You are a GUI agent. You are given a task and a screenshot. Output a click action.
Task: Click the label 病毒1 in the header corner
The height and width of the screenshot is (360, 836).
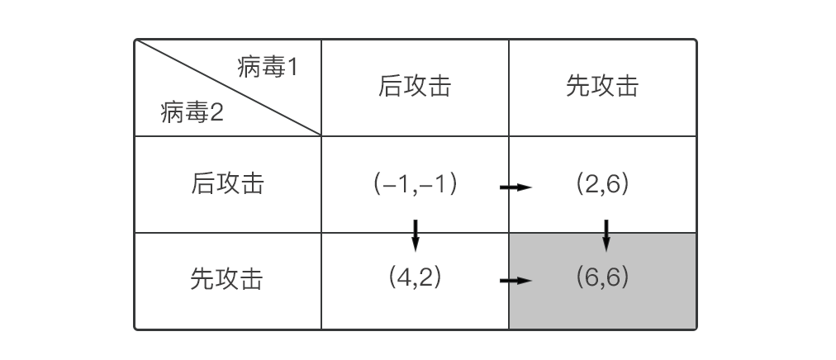click(x=267, y=68)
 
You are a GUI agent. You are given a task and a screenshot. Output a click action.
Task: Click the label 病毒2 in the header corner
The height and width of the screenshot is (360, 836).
click(x=192, y=112)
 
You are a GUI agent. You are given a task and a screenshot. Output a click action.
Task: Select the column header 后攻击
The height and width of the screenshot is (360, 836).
click(x=415, y=87)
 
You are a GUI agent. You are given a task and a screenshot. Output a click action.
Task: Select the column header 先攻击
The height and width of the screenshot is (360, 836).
click(x=602, y=87)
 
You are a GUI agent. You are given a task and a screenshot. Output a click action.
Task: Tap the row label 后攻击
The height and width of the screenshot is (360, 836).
click(x=227, y=183)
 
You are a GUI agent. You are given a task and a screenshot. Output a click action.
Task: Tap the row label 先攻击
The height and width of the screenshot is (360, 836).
click(x=227, y=279)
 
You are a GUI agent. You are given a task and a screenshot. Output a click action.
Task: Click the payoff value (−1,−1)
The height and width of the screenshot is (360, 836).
click(x=415, y=183)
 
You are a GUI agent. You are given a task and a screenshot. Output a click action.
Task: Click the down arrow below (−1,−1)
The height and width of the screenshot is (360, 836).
click(x=416, y=234)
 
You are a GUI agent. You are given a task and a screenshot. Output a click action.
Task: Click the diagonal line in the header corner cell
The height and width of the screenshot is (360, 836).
click(x=228, y=87)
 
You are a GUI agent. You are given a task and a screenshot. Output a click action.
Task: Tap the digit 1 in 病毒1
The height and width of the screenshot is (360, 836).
click(x=291, y=68)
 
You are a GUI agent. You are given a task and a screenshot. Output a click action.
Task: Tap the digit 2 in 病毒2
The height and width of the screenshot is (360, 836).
click(x=216, y=112)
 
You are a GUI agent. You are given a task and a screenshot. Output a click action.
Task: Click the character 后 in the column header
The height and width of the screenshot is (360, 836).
click(x=390, y=87)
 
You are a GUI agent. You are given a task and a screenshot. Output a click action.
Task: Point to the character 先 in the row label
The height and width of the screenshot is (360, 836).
click(x=202, y=279)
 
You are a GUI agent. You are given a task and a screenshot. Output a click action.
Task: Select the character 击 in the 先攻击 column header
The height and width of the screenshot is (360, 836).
click(x=627, y=87)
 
